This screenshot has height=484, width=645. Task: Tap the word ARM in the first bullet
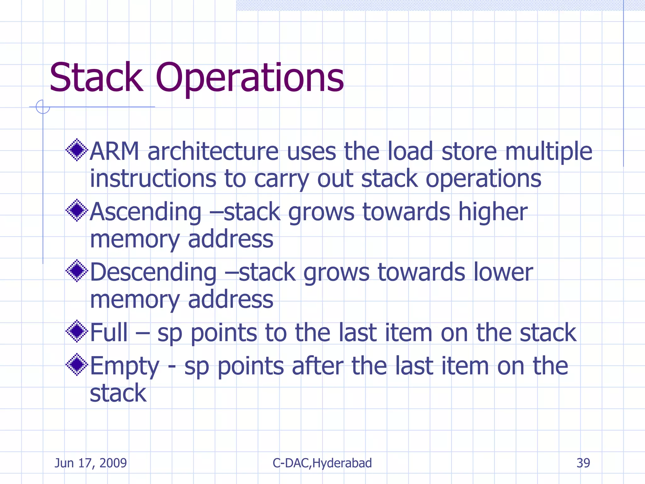[114, 152]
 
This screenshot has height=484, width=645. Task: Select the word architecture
[213, 152]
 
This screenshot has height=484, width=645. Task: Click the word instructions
[153, 179]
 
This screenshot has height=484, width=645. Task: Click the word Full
[109, 333]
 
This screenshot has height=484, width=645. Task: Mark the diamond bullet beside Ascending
[77, 210]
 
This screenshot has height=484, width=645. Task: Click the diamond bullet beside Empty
[77, 365]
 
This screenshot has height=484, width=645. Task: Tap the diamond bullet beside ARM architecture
[77, 150]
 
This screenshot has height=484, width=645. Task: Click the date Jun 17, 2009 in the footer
[91, 463]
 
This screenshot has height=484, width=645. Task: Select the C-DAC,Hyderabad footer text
[322, 463]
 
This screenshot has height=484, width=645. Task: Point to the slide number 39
[583, 463]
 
